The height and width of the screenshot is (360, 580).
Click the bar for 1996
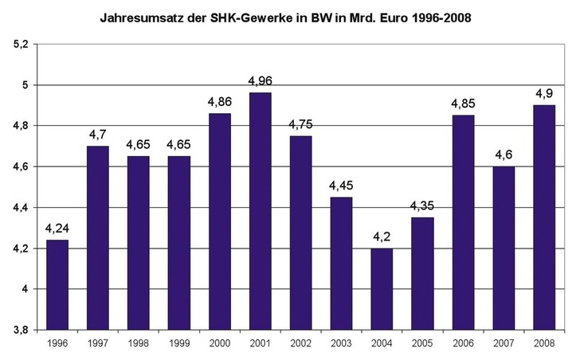coord(57,284)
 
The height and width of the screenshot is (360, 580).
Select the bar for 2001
coord(260,211)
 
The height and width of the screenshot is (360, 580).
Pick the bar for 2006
coord(463,222)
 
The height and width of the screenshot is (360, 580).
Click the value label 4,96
coord(260,81)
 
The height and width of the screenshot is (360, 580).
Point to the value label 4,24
coord(57,229)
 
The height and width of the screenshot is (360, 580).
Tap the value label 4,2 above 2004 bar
coord(382,237)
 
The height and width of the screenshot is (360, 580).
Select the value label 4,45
coord(341,186)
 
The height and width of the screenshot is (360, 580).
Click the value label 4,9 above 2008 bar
coord(544,94)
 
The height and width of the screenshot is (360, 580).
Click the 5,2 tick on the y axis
coord(18,45)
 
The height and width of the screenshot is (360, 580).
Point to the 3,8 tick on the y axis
coord(18,329)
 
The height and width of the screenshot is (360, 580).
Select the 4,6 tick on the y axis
coord(18,166)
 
